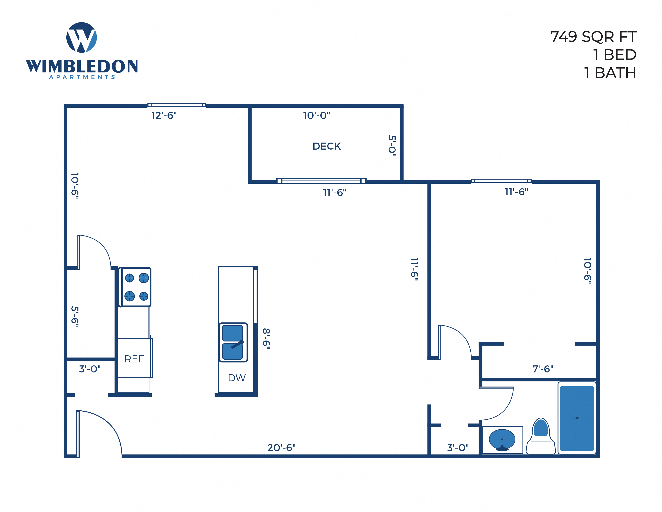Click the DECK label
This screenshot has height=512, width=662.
(326, 146)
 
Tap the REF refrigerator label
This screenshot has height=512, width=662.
(134, 359)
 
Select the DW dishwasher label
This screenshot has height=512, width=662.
(237, 378)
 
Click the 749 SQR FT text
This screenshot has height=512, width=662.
(593, 37)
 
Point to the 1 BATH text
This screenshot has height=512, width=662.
(610, 73)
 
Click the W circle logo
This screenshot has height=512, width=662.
(81, 37)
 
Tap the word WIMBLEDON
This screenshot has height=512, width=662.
(82, 66)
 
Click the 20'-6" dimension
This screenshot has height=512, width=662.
(281, 448)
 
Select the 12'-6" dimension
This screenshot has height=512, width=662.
(164, 116)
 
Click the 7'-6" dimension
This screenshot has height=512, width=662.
(543, 369)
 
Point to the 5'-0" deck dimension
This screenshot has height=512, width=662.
(392, 146)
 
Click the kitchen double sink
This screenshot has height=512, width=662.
(233, 342)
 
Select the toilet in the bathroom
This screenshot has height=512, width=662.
(541, 437)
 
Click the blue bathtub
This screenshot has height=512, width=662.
(577, 418)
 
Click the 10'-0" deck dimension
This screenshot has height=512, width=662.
(316, 116)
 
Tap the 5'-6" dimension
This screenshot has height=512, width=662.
(75, 316)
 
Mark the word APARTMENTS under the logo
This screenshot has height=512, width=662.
(82, 77)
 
